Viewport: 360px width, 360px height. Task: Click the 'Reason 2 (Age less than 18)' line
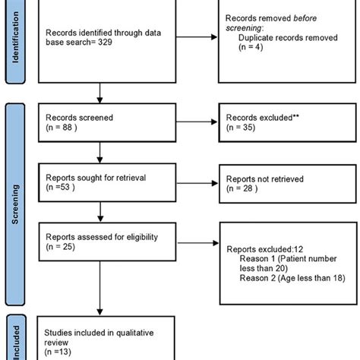pos(292,278)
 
